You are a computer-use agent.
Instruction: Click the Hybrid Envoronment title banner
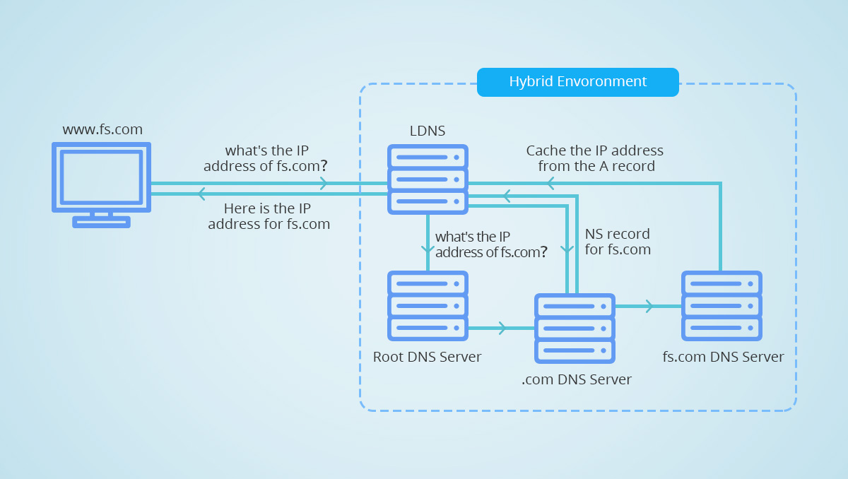(x=577, y=82)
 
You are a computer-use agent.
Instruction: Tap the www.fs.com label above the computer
(x=102, y=129)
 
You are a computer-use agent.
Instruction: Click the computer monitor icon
(x=101, y=177)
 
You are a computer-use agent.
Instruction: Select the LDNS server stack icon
(x=428, y=179)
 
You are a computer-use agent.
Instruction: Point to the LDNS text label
(x=428, y=131)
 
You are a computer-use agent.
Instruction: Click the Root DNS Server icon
(x=428, y=306)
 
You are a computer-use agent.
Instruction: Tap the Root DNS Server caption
(x=427, y=357)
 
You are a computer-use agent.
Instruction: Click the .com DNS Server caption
(x=577, y=379)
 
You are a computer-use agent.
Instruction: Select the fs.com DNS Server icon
(x=722, y=306)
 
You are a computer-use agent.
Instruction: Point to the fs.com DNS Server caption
(x=723, y=357)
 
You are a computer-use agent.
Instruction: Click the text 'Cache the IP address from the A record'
(x=595, y=159)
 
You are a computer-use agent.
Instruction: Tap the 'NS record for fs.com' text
(x=617, y=242)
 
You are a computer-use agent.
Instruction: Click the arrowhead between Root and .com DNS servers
(x=502, y=328)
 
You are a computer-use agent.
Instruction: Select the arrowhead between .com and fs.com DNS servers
(x=648, y=306)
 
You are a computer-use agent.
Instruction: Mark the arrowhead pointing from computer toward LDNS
(x=324, y=184)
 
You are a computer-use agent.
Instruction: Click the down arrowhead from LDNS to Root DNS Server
(x=427, y=249)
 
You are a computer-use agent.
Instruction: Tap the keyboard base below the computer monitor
(x=101, y=222)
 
